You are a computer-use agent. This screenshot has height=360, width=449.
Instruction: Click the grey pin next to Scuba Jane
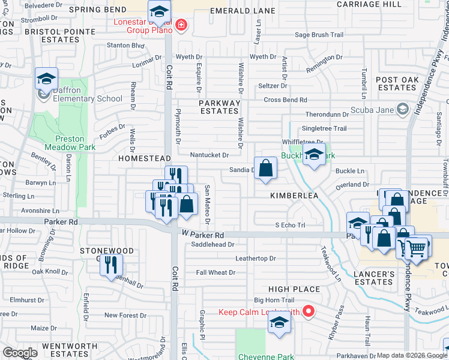coord(402,109)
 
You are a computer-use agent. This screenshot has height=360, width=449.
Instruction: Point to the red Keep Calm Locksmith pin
coord(309,311)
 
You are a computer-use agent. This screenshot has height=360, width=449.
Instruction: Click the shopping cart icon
coord(417,247)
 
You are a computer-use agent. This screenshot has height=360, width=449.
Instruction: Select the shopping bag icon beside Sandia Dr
coord(265,168)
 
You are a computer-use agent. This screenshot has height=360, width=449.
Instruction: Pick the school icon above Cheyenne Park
coord(279,323)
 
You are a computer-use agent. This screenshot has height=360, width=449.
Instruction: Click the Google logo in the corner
coord(20,353)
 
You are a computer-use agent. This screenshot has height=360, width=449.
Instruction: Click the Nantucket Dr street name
coord(209,155)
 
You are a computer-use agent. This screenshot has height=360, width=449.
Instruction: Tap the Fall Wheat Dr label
coord(215,272)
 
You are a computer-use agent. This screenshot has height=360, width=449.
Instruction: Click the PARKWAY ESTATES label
coord(219,107)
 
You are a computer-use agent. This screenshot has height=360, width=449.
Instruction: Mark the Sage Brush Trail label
coord(319,35)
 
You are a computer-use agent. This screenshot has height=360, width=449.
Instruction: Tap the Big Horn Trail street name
coord(274,299)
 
